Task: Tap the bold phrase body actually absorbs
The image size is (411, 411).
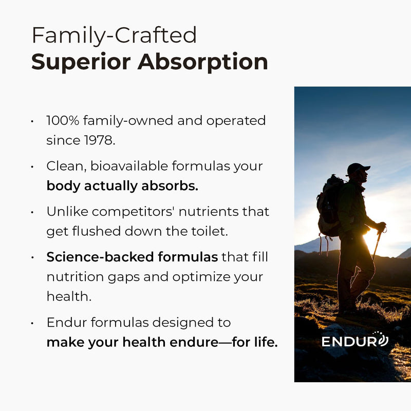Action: pyautogui.click(x=122, y=186)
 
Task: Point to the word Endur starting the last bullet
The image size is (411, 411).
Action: pyautogui.click(x=63, y=323)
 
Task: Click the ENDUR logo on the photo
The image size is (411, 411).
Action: pyautogui.click(x=354, y=340)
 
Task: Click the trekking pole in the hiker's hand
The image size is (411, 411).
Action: pyautogui.click(x=378, y=244)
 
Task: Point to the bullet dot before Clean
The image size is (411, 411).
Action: pyautogui.click(x=33, y=167)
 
